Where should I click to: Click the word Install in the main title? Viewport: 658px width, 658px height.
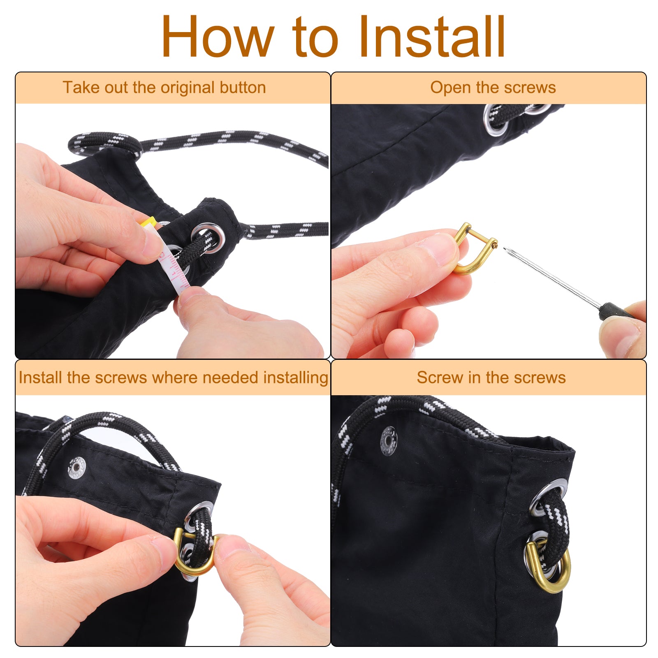click(432, 36)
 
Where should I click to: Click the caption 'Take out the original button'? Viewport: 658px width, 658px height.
click(164, 88)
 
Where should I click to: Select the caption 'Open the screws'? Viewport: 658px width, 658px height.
click(493, 88)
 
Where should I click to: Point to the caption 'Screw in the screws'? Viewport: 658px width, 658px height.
click(491, 377)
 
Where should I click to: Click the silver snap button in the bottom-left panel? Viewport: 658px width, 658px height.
click(77, 468)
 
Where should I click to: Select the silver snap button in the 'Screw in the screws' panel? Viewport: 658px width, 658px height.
click(389, 441)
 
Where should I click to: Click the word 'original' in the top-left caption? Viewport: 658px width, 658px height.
click(185, 88)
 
